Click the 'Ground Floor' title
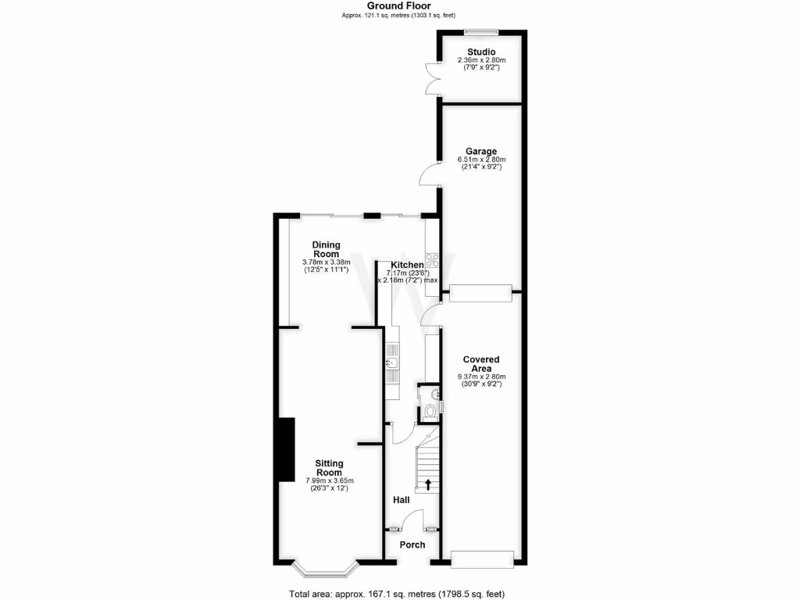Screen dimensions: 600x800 [399, 5]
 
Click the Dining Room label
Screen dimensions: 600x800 [326, 249]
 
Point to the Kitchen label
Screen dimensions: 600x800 [408, 265]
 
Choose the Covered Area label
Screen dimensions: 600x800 [481, 364]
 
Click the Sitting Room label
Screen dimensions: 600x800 [328, 467]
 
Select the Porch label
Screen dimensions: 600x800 [412, 545]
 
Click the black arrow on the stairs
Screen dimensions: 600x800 [427, 484]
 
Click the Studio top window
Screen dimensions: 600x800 [481, 32]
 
